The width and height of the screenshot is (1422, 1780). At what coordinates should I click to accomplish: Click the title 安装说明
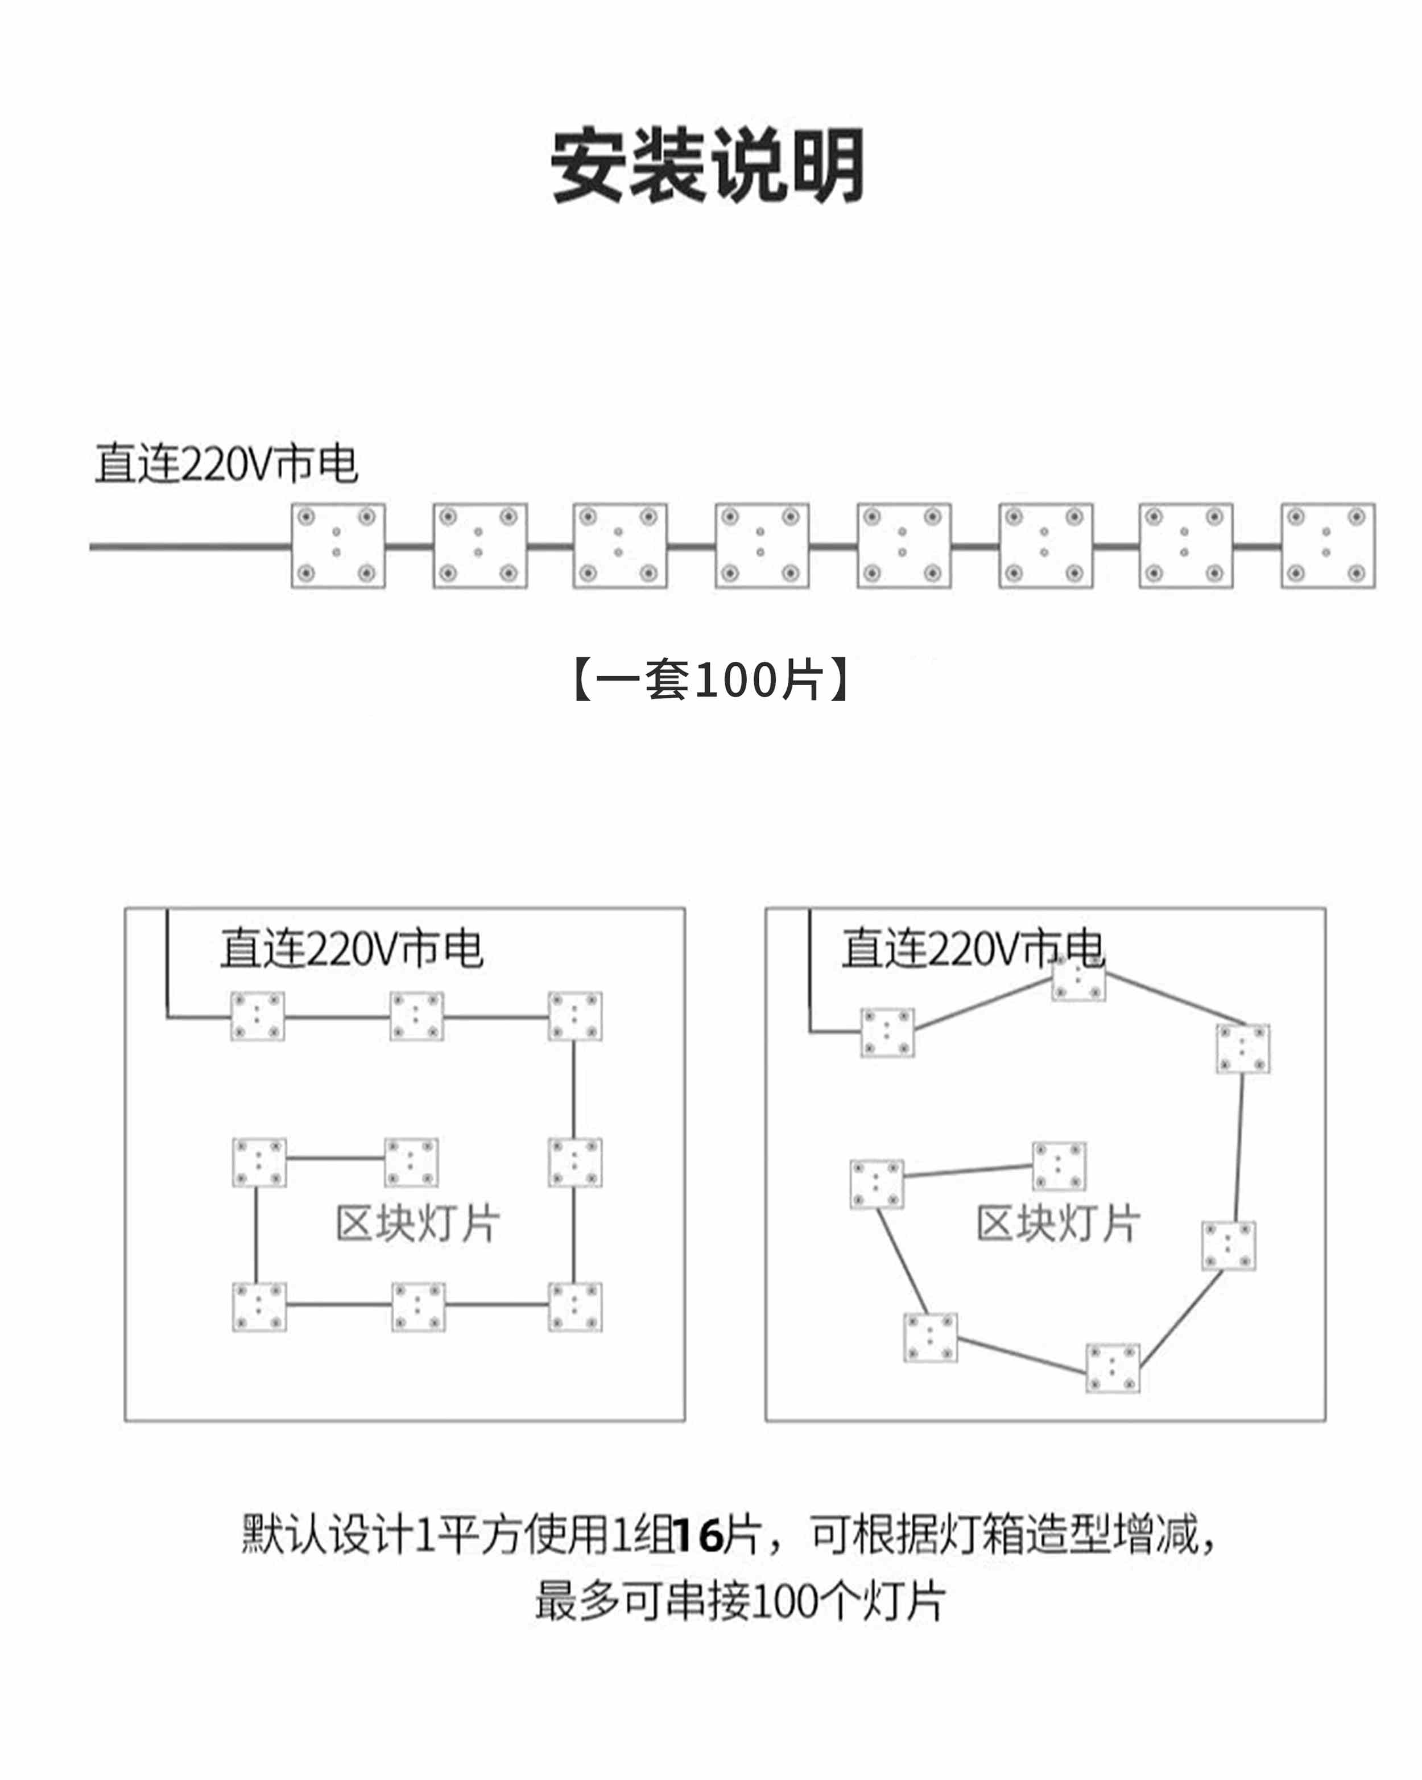coord(707,165)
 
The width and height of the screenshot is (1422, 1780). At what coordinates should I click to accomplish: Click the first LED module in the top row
coord(337,546)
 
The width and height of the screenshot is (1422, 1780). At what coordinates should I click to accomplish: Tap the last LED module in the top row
coord(1328,546)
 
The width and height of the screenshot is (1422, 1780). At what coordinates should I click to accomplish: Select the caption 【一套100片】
coord(710,679)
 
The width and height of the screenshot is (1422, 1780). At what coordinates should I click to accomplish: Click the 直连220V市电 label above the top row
coord(227,463)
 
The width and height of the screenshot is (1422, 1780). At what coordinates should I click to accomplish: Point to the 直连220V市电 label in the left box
coord(352,948)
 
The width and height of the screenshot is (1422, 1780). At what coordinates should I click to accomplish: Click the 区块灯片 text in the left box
coord(417,1223)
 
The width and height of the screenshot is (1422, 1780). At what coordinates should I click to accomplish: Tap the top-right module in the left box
coord(575,1016)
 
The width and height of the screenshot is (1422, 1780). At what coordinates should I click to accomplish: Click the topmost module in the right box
coord(1078,980)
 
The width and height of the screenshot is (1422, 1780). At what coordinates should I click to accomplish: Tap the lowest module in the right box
coord(1113,1368)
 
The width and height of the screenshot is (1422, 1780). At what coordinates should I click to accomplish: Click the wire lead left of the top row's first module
coord(191,546)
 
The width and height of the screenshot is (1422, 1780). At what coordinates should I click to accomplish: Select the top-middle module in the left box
coord(416,1016)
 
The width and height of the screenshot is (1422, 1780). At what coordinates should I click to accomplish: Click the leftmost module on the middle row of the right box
coord(877,1184)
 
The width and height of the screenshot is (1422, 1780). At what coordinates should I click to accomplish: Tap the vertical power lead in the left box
coord(168,963)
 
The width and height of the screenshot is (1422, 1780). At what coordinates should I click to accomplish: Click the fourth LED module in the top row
coord(762,546)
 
